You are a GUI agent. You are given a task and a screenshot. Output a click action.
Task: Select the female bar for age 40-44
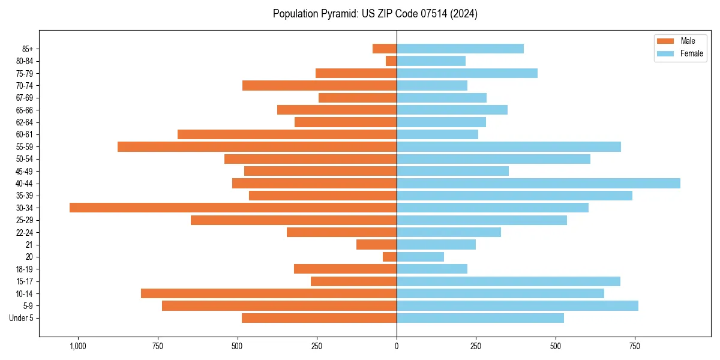click(538, 183)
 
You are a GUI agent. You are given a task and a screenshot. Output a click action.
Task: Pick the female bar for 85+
click(460, 49)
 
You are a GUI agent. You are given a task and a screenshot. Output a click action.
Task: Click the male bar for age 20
click(390, 257)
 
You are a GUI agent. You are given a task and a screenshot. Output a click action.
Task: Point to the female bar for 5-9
click(517, 305)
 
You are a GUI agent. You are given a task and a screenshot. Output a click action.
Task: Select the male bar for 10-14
click(269, 293)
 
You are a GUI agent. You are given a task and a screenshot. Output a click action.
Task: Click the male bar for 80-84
click(391, 61)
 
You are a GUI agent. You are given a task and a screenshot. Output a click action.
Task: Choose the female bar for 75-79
click(467, 73)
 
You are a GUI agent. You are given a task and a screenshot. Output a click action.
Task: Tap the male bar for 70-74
click(319, 85)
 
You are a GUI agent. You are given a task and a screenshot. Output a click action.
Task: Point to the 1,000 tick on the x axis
click(78, 346)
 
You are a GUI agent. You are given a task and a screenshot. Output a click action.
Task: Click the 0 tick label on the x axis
click(397, 346)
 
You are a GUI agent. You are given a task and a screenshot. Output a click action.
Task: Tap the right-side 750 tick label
click(635, 346)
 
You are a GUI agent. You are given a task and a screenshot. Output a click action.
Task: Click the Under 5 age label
click(21, 318)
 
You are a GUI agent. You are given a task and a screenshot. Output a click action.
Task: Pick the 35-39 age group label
click(25, 196)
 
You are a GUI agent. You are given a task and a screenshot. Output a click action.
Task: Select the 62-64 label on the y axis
click(25, 122)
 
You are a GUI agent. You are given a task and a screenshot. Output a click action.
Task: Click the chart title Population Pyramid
click(375, 13)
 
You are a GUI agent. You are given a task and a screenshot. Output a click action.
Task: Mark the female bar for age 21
click(436, 244)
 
